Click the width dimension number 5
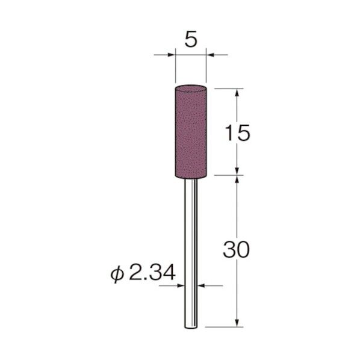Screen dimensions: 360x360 (x=191, y=40)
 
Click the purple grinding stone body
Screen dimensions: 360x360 (x=191, y=132)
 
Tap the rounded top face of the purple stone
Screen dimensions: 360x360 (x=191, y=88)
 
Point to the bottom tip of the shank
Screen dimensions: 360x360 (x=191, y=326)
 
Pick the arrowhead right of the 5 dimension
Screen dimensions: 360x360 (x=210, y=55)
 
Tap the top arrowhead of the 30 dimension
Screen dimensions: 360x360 (x=240, y=180)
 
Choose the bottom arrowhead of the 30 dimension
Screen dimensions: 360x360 (x=240, y=324)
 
